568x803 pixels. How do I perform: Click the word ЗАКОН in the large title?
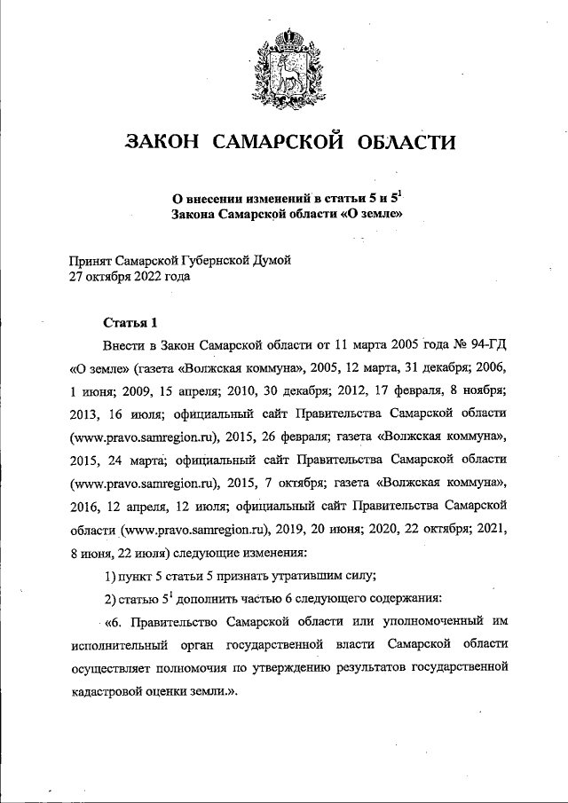tap(162, 143)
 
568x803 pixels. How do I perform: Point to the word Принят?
tap(92, 260)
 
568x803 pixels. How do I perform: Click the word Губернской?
tap(206, 260)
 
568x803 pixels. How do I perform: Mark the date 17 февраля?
tap(371, 390)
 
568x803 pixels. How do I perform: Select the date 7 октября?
tap(294, 484)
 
